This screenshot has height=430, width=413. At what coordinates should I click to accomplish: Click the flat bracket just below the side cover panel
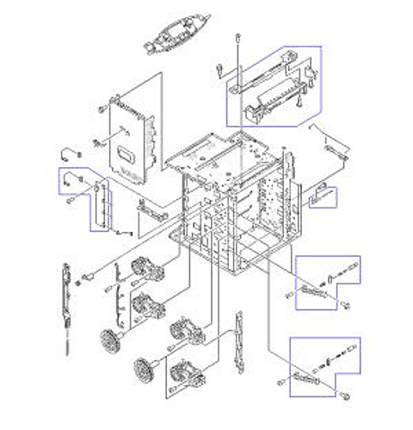click(151, 208)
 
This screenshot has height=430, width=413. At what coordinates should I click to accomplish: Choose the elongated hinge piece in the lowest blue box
click(305, 379)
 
